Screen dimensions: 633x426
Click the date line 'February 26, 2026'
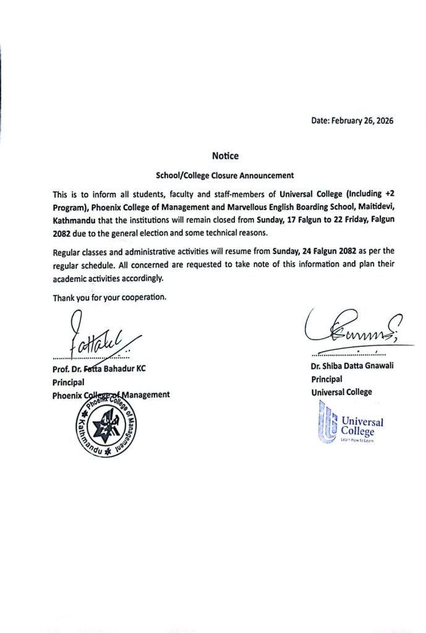click(x=352, y=121)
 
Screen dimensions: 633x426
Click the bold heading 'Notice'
click(x=224, y=156)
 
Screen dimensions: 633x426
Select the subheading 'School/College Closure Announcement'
click(x=224, y=175)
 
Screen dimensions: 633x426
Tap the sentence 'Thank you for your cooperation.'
click(x=109, y=297)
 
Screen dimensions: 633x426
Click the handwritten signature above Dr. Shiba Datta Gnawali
click(x=352, y=331)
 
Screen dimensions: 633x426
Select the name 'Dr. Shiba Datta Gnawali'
click(x=352, y=366)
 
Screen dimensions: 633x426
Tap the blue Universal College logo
click(x=351, y=422)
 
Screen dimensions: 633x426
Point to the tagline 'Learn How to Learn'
click(x=357, y=440)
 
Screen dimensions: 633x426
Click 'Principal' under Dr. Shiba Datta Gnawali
click(x=326, y=379)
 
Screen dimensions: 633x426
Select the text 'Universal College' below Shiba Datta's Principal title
click(x=341, y=392)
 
